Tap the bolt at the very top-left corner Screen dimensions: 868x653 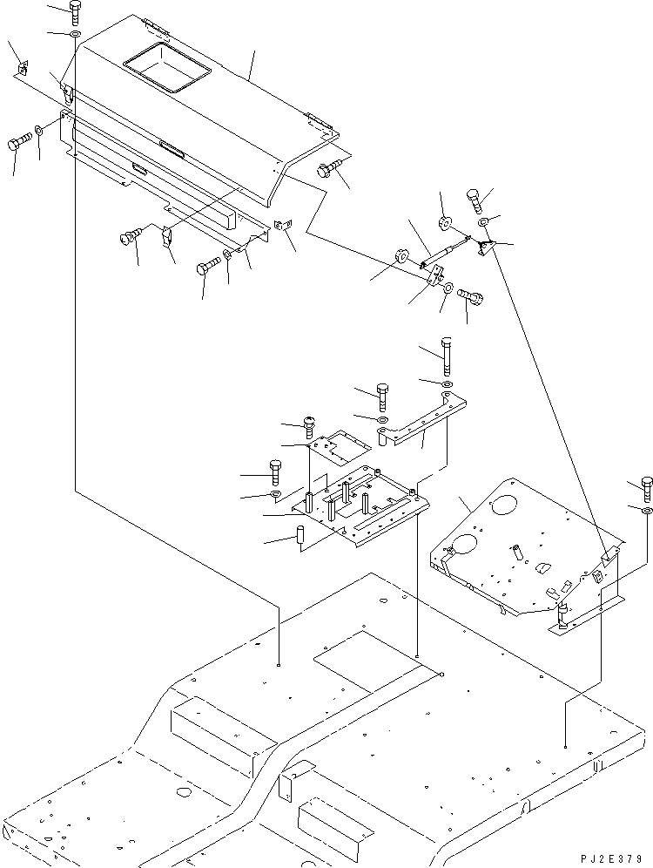click(x=74, y=12)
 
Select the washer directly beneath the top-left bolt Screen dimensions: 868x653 click(x=75, y=35)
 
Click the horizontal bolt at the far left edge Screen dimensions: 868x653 click(x=19, y=143)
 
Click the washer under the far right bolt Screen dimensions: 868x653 click(x=646, y=508)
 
